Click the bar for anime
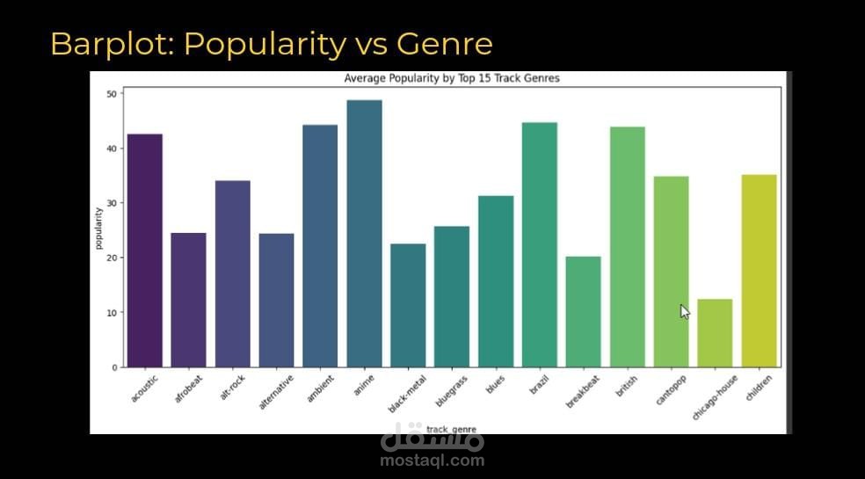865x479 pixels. pos(364,233)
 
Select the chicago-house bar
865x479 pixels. pos(715,333)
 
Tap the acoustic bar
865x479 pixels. pos(145,250)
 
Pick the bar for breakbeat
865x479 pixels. pos(583,312)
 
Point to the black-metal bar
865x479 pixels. pos(408,305)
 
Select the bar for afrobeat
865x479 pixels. pos(188,300)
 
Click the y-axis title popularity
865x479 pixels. pos(98,229)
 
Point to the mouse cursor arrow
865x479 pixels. pos(685,311)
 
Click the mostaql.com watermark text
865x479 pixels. pos(432,460)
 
